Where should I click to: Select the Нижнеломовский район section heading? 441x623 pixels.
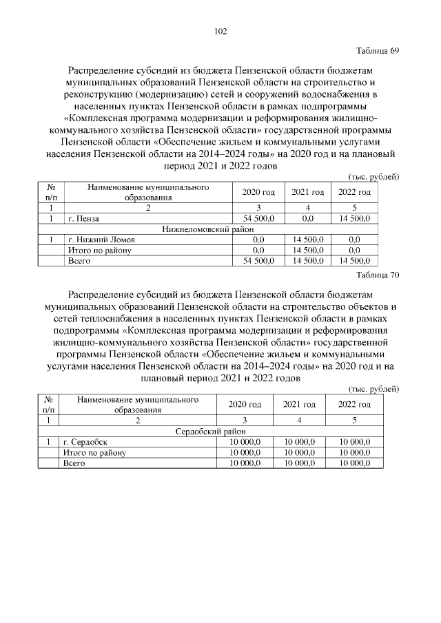point(208,229)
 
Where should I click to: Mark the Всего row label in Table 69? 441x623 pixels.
point(76,260)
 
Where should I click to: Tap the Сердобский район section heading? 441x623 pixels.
point(208,430)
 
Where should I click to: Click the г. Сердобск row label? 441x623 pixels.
point(85,441)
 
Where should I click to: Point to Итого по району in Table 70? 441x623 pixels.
point(94,452)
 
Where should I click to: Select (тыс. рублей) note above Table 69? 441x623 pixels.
point(374,176)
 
